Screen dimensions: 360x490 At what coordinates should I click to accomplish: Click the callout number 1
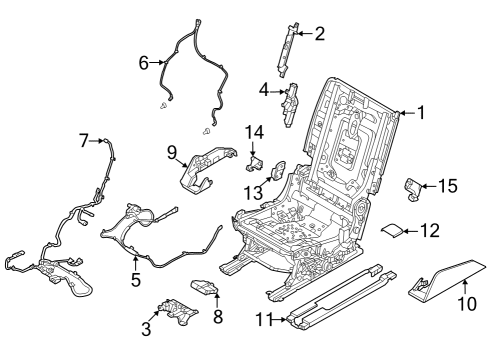tap(420, 113)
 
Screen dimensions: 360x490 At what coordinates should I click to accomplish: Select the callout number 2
tap(319, 35)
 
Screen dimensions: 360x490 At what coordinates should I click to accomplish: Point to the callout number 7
tap(84, 141)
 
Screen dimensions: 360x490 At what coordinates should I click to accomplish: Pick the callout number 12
tap(429, 231)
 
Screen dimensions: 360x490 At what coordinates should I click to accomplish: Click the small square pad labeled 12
tap(394, 231)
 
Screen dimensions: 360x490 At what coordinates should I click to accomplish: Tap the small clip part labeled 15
tap(413, 187)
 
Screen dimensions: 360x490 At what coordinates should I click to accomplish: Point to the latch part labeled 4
tap(293, 103)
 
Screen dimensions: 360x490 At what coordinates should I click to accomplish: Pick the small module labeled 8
tap(206, 287)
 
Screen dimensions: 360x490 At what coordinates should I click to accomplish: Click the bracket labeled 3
tap(171, 311)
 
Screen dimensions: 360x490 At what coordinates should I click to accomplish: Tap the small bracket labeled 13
tap(278, 171)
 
